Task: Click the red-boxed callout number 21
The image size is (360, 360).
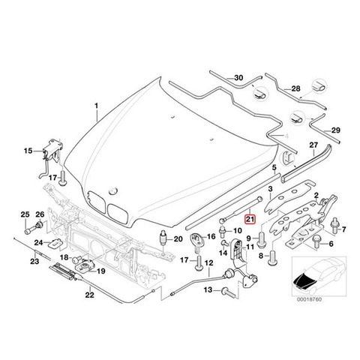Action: [250, 219]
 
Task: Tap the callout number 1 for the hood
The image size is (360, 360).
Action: [97, 106]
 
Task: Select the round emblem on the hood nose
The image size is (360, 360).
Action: [112, 190]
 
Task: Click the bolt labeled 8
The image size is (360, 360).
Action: [272, 256]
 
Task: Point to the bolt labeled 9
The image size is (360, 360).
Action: [261, 239]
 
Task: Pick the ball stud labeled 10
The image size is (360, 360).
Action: [222, 231]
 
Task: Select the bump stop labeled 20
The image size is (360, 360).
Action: [163, 238]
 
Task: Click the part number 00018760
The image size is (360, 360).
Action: [309, 299]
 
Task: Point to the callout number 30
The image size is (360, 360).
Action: [238, 78]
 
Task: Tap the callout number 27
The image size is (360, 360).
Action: [313, 145]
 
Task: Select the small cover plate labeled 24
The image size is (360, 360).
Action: [56, 243]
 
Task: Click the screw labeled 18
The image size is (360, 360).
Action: [76, 259]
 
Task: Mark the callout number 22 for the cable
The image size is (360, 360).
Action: [89, 295]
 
